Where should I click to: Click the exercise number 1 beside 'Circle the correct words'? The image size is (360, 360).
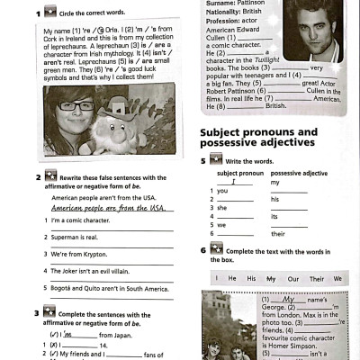[x=39, y=14]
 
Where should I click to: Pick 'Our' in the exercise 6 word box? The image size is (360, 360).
[x=292, y=279]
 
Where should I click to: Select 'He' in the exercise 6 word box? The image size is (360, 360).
[x=232, y=279]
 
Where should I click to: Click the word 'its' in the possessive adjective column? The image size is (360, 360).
[x=274, y=217]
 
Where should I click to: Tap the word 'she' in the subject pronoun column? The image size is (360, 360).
[x=220, y=208]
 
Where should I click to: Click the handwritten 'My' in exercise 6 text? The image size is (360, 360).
[x=289, y=299]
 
